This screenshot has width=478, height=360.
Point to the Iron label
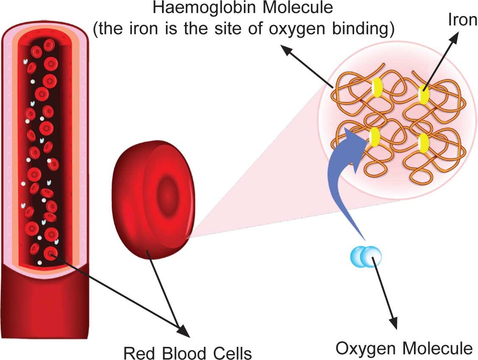click(x=462, y=20)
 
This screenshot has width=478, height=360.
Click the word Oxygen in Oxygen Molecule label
click(x=364, y=349)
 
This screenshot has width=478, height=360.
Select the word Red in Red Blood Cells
click(x=138, y=353)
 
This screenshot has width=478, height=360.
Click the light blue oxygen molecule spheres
click(x=366, y=256)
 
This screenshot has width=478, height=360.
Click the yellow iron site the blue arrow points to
click(x=374, y=137)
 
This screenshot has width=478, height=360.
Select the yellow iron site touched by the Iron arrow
click(x=423, y=94)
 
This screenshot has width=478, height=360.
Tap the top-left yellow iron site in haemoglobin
click(x=377, y=88)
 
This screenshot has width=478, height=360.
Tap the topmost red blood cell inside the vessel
click(x=49, y=45)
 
